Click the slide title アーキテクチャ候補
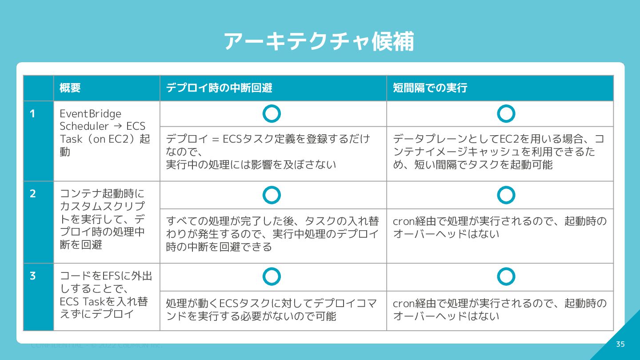coord(319,42)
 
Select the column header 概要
coord(70,88)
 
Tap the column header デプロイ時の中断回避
coord(219,88)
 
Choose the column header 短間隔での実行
coord(430,88)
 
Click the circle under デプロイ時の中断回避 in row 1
coord(272,114)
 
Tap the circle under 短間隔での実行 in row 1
coord(506,114)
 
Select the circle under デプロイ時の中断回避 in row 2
coord(272,195)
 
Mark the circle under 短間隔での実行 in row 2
coord(506,195)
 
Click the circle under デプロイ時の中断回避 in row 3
coord(272,276)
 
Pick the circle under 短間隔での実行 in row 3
coord(506,276)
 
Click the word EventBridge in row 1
coord(90,114)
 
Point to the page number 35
coord(620,344)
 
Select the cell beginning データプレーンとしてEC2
coord(500,152)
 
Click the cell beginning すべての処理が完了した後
coord(272,234)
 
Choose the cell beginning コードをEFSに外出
coord(106,295)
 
